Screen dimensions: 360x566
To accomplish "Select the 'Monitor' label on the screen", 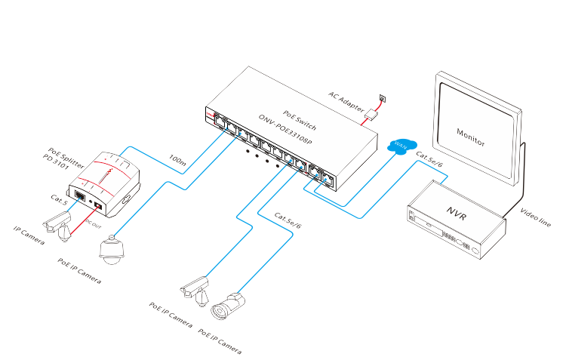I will [471, 137].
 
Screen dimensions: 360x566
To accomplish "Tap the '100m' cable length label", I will [178, 160].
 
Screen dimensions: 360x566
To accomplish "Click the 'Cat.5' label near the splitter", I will [59, 201].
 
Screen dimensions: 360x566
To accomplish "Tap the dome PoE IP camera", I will [112, 251].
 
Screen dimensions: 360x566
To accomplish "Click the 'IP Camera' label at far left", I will [29, 235].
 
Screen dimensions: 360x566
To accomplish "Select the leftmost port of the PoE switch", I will [218, 121].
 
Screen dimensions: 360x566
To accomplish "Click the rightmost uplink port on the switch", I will [327, 180].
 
